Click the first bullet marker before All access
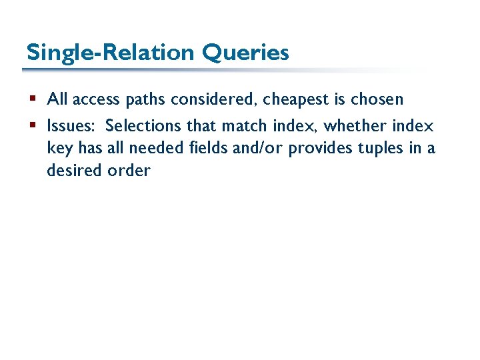click(x=34, y=100)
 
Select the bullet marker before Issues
click(x=34, y=126)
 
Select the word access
click(x=94, y=100)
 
